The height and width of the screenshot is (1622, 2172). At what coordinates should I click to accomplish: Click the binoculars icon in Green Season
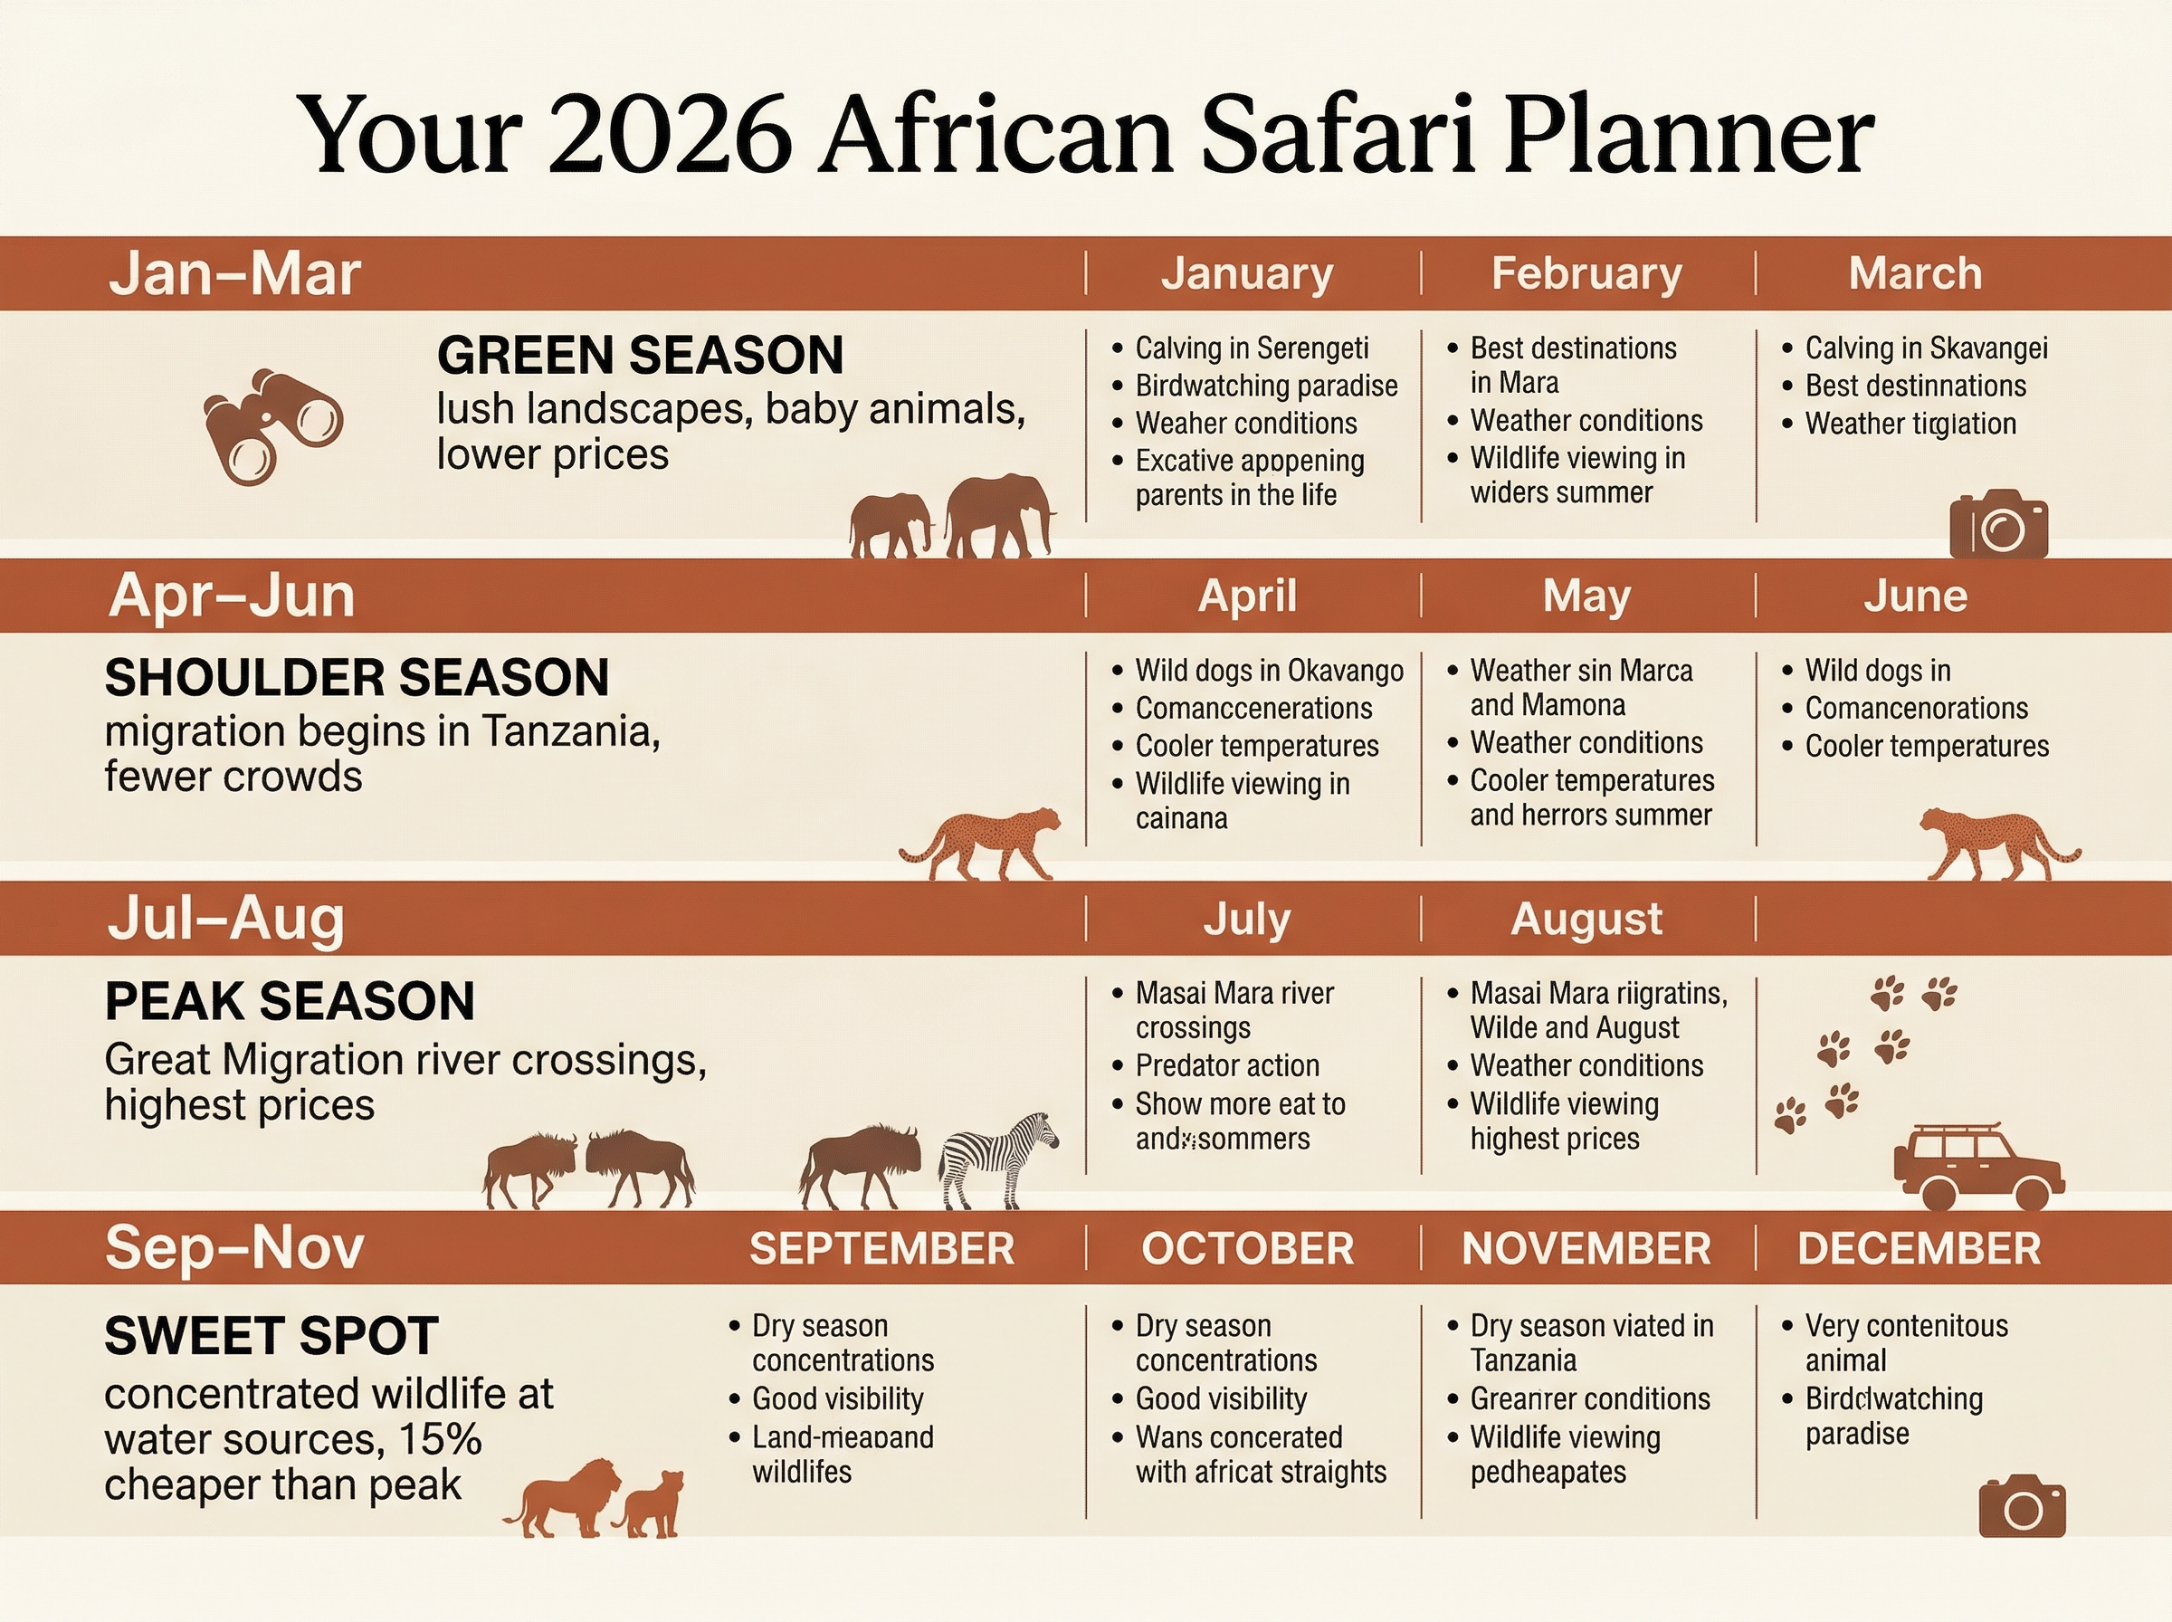pos(271,426)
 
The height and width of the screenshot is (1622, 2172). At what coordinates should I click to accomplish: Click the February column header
pos(1586,274)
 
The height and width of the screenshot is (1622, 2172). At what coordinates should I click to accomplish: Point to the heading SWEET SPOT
pos(271,1336)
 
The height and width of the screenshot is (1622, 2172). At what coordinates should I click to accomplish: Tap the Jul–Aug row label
pos(225,919)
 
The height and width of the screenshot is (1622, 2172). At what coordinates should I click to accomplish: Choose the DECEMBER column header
pos(1919,1249)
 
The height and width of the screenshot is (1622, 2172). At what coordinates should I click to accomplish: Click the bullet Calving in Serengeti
pos(1251,348)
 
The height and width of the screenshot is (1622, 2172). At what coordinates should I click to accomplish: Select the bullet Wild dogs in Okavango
pos(1268,671)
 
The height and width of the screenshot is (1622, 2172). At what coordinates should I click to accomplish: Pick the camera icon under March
pos(1998,526)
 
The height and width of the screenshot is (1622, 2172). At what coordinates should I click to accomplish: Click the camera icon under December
pos(2022,1508)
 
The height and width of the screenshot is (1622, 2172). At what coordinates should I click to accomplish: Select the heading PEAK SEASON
pos(290,1001)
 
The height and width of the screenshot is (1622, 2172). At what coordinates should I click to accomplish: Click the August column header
pos(1586,920)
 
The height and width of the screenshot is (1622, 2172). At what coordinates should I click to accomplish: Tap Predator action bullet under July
pos(1226,1065)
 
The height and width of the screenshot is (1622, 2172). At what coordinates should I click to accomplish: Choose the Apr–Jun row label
pos(232,596)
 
